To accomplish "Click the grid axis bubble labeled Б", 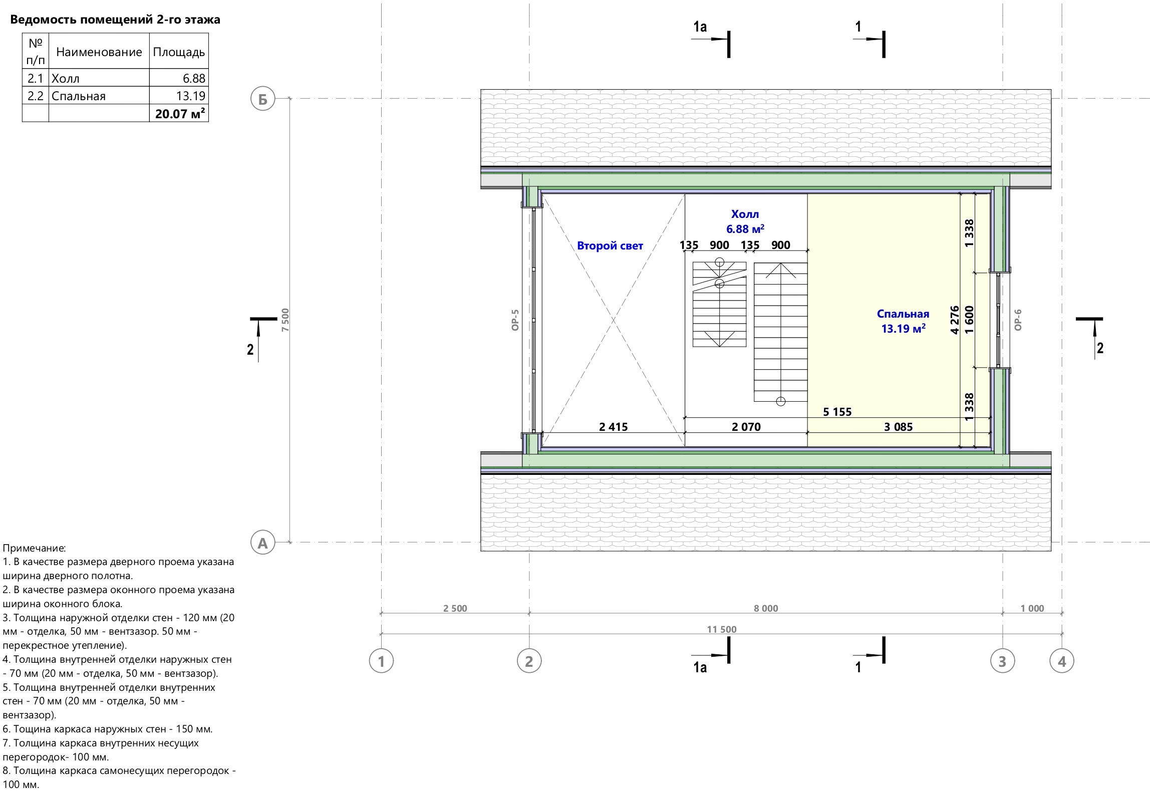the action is click(x=262, y=99).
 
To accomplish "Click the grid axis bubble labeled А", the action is click(x=262, y=543).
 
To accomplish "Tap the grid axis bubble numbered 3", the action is click(x=1002, y=661).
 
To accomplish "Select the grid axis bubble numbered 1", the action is click(x=381, y=661).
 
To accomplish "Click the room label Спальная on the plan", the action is click(x=903, y=314).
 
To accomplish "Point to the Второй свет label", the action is click(x=610, y=245).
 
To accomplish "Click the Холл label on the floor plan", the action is click(x=745, y=214).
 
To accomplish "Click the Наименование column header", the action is click(x=99, y=52).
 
